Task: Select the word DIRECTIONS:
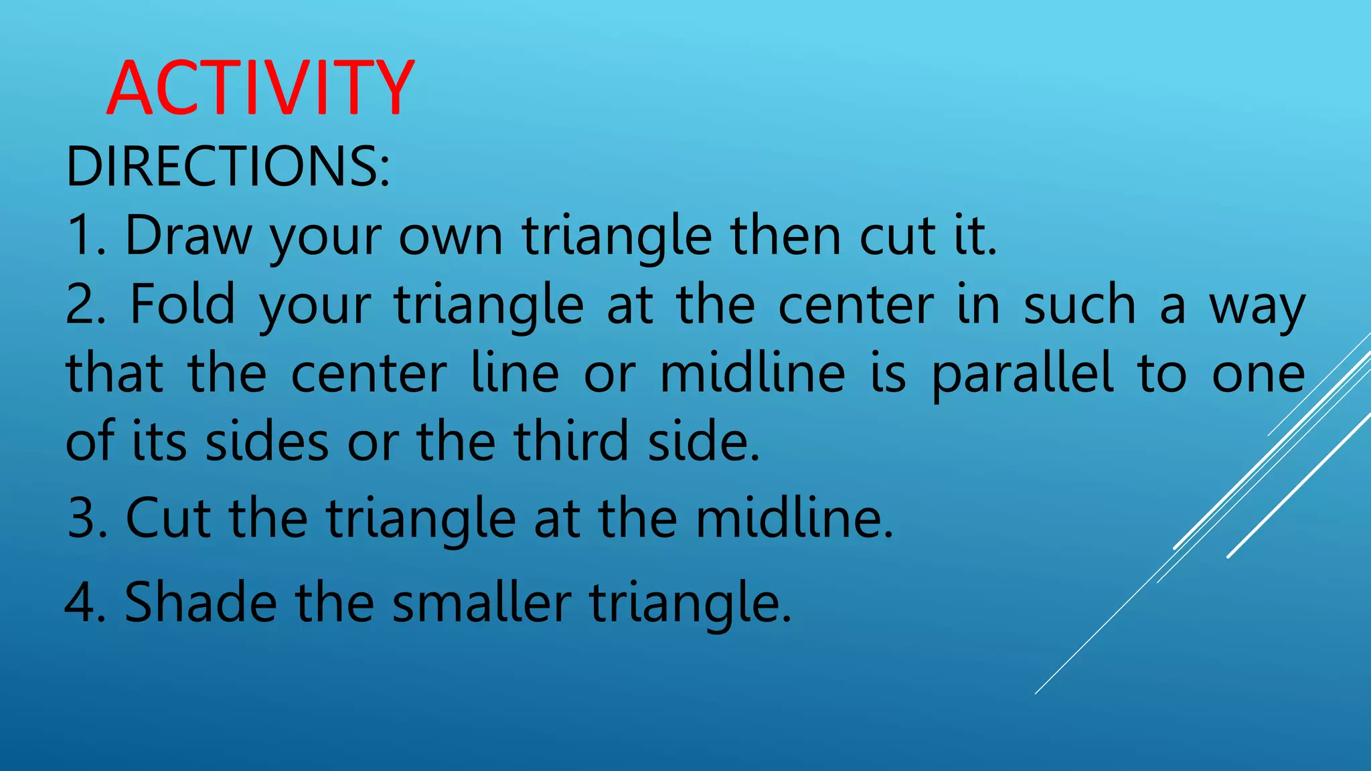pyautogui.click(x=228, y=166)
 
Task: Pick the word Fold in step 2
pyautogui.click(x=182, y=305)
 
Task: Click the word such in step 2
pyautogui.click(x=1080, y=305)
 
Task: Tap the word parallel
pyautogui.click(x=1022, y=373)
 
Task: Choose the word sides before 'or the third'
pyautogui.click(x=266, y=442)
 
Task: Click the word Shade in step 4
pyautogui.click(x=201, y=602)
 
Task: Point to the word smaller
pyautogui.click(x=481, y=602)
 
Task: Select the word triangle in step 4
pyautogui.click(x=690, y=603)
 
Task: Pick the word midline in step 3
pyautogui.click(x=794, y=518)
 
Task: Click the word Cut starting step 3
pyautogui.click(x=169, y=518)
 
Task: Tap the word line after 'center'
pyautogui.click(x=515, y=373)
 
